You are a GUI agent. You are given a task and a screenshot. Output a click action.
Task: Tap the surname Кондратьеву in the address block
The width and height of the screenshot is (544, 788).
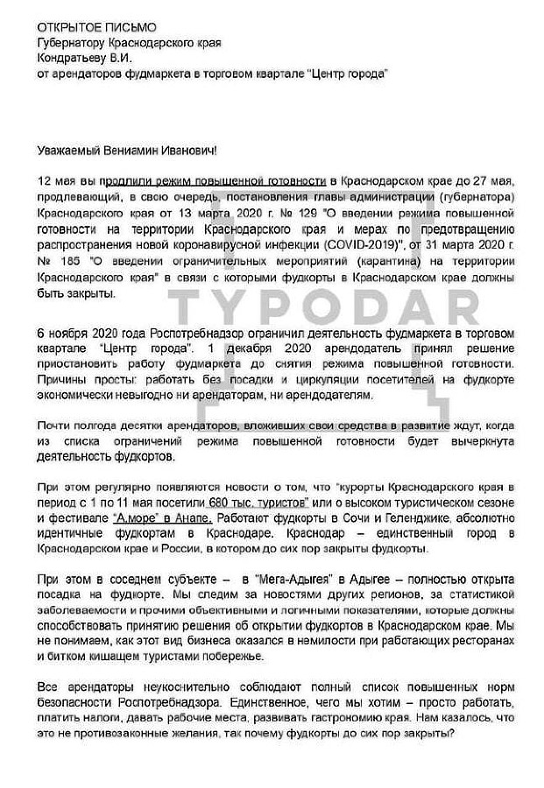point(73,58)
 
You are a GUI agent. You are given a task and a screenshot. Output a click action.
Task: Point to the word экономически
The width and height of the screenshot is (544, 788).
point(75,395)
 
